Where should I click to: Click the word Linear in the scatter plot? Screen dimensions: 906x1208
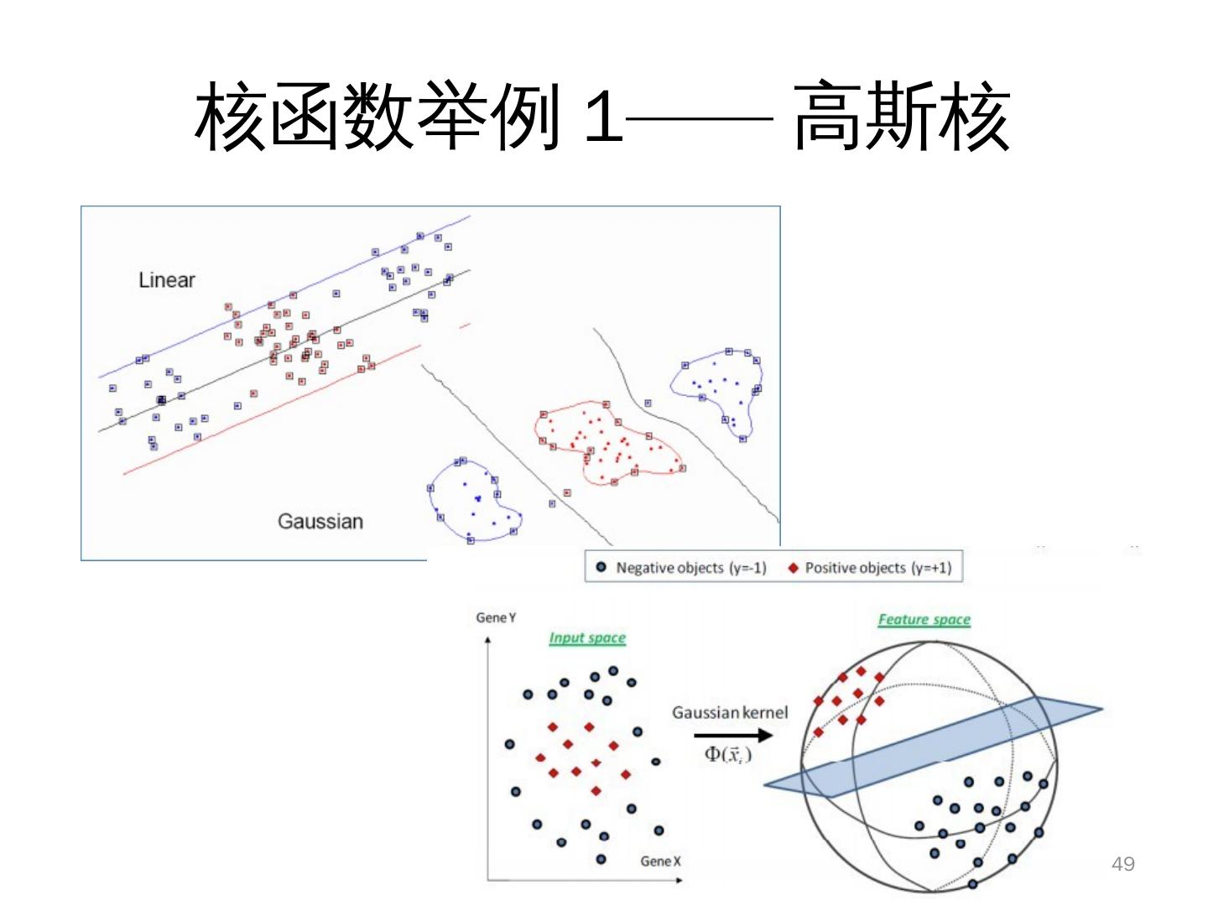pos(166,280)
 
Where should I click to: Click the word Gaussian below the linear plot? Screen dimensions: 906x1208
pos(320,522)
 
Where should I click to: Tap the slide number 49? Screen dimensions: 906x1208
pos(1122,864)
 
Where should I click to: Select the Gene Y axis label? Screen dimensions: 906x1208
pos(496,618)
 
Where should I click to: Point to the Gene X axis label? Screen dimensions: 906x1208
pos(660,862)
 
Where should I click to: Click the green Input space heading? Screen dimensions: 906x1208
pos(587,638)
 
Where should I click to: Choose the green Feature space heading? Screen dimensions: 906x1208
pos(924,620)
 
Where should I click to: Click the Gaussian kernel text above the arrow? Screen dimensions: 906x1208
pos(730,712)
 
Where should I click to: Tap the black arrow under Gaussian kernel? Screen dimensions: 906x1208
pos(732,736)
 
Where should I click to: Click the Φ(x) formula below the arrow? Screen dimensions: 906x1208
pos(727,754)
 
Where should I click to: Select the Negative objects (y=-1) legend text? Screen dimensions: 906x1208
pos(690,568)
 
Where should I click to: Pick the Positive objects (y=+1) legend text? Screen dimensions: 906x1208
pos(877,568)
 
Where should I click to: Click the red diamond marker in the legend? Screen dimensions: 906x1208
pos(793,568)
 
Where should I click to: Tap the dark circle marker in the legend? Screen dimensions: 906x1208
pos(601,568)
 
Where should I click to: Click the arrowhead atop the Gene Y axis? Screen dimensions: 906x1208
pos(487,640)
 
